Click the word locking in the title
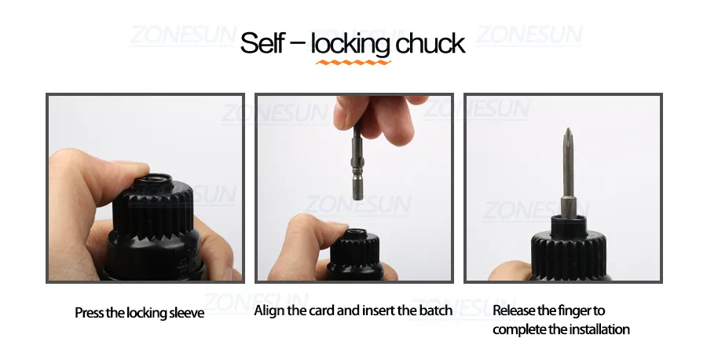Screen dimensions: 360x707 350,44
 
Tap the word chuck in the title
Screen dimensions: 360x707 431,43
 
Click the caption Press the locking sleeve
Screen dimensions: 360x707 139,313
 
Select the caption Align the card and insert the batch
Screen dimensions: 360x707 353,310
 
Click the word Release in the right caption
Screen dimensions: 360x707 515,310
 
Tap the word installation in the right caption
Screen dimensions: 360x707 595,329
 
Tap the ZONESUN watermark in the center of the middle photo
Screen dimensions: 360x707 357,206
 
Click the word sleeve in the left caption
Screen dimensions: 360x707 188,313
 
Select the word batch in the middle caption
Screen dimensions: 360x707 437,310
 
